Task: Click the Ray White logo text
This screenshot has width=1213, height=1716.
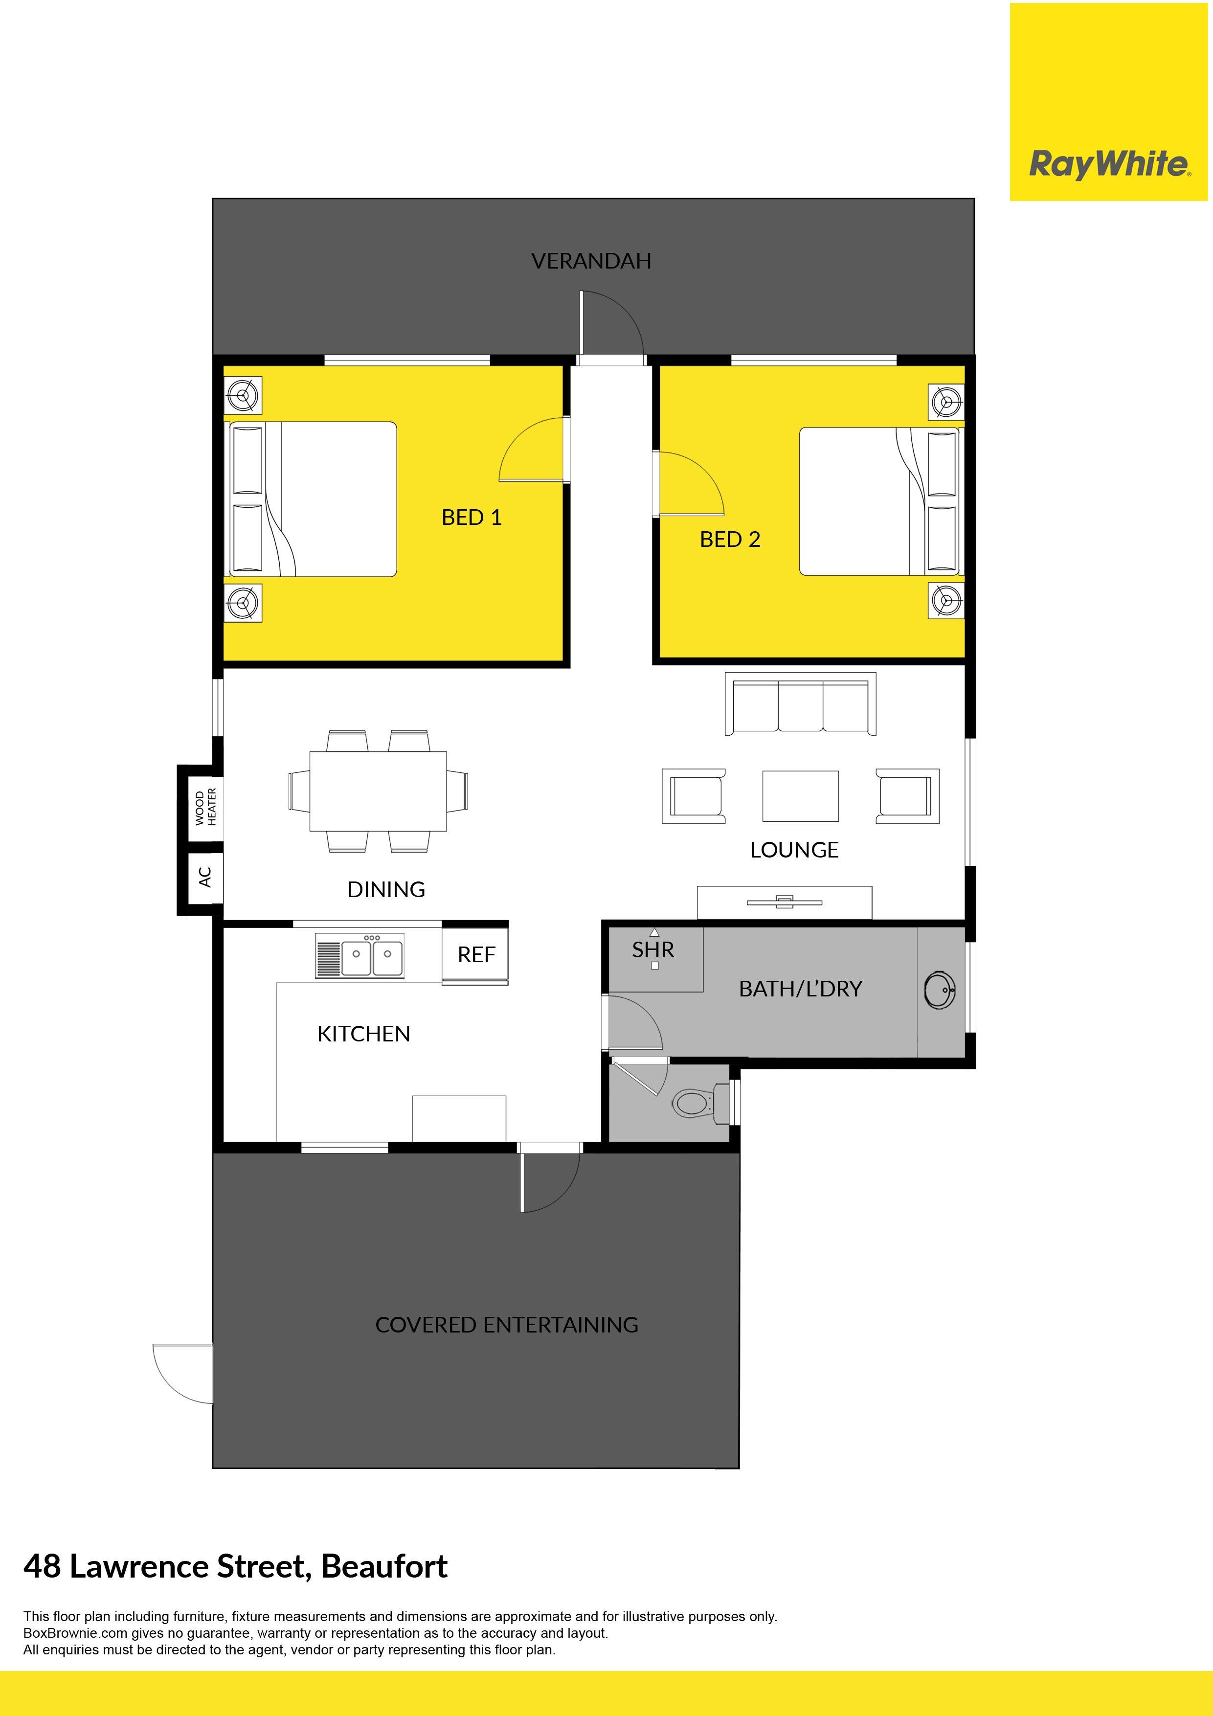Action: click(x=1109, y=164)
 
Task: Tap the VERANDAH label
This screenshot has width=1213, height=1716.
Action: click(x=591, y=261)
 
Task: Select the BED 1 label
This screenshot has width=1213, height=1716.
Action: click(x=472, y=517)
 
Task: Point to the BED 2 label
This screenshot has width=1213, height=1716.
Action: click(x=730, y=539)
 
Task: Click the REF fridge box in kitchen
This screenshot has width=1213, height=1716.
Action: click(x=475, y=954)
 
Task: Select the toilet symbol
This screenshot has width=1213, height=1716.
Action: click(x=700, y=1103)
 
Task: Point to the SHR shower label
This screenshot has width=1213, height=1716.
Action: click(x=653, y=950)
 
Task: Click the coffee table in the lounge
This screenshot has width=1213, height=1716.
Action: click(x=801, y=796)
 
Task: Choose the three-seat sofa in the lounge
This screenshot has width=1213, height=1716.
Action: click(x=801, y=704)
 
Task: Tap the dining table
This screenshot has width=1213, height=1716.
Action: click(x=378, y=790)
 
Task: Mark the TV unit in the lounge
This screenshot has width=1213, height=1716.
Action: click(x=785, y=902)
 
